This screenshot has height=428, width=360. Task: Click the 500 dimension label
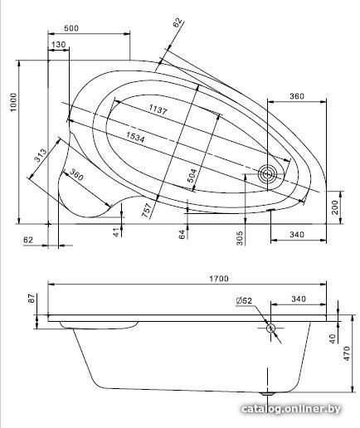[71, 28]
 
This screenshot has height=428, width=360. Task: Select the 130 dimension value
[58, 44]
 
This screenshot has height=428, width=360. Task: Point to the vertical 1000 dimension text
[13, 102]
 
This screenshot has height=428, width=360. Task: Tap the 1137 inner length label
[158, 109]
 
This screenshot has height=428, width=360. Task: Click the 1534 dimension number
[135, 137]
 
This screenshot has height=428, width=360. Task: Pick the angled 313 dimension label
[41, 156]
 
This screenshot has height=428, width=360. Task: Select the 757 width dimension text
[147, 210]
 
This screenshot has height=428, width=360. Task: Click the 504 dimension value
[192, 176]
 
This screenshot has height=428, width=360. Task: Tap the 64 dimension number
[182, 234]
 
